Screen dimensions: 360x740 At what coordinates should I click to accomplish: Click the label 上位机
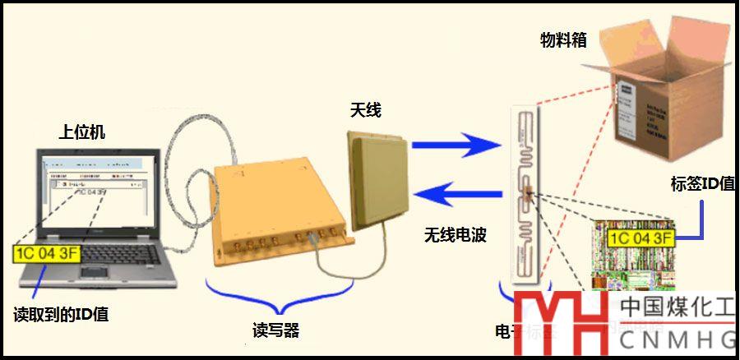coord(82,132)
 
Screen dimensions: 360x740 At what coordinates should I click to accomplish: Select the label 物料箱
coord(563,39)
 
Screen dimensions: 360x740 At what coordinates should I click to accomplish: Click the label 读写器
coord(275,331)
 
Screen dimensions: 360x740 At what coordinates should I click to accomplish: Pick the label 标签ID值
coord(702,183)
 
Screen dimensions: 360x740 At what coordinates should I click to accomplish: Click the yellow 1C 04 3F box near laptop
coord(47,252)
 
